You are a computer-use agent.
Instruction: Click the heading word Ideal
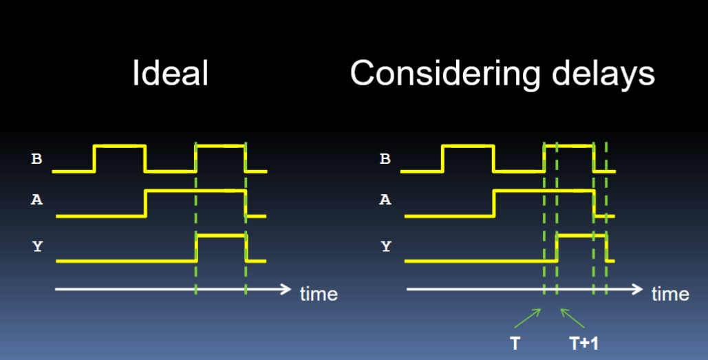170,73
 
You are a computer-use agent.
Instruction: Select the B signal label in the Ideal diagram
36,159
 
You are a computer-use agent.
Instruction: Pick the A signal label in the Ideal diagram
36,200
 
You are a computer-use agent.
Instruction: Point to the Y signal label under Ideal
37,246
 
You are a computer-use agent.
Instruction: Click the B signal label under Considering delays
385,159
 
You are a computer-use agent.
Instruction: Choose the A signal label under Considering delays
385,200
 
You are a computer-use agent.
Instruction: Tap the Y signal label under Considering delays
385,246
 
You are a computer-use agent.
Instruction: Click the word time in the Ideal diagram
319,294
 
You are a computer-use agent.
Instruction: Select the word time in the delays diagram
671,294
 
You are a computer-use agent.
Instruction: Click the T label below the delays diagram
515,343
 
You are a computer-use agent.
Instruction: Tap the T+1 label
584,343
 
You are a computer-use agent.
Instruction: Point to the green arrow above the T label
527,318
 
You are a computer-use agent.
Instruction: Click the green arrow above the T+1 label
572,318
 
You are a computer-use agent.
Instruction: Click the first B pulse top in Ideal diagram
120,145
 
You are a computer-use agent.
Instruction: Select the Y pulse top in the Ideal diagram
222,236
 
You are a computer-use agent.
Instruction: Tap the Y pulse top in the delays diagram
581,236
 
